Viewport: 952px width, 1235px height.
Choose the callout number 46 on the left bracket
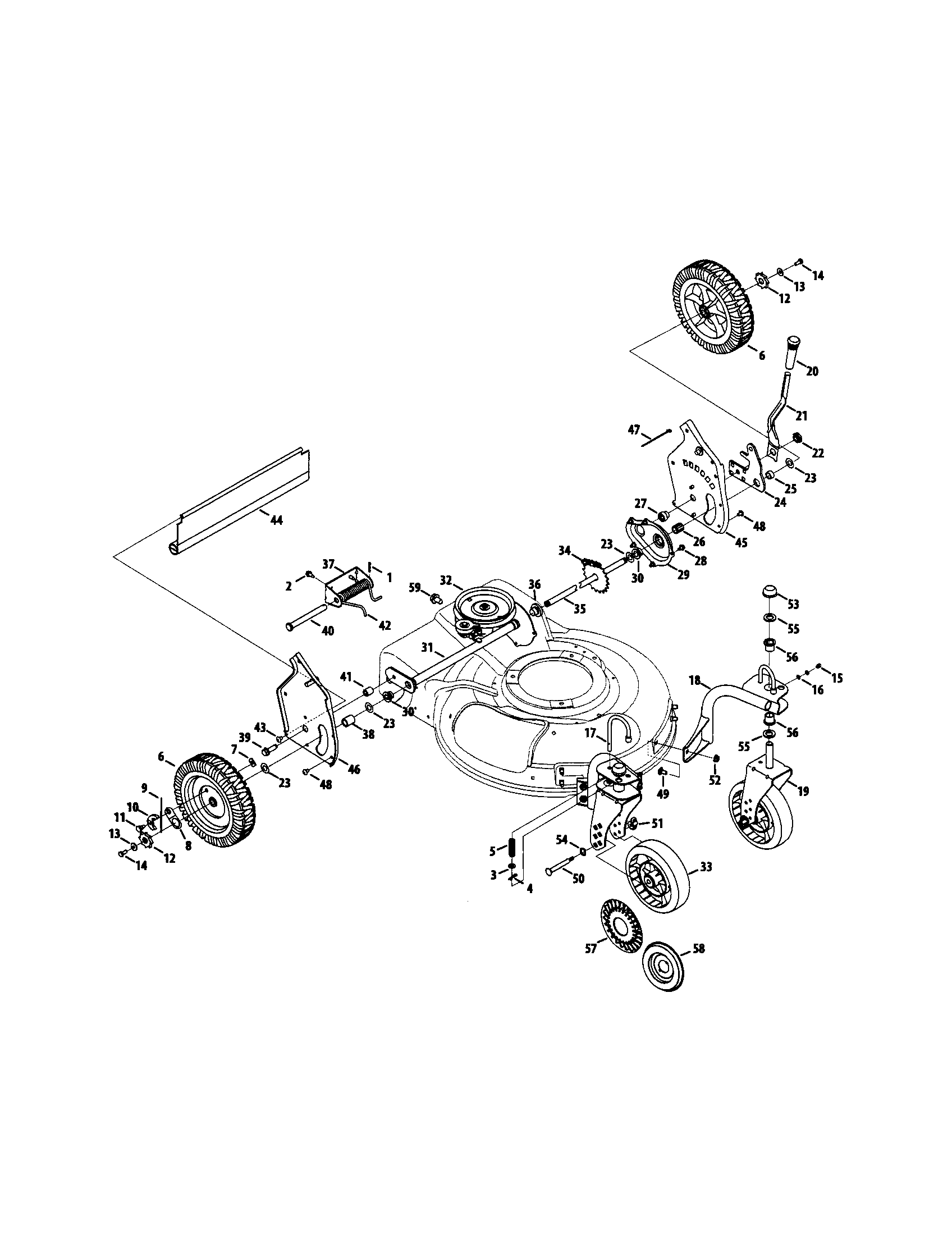tap(354, 769)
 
